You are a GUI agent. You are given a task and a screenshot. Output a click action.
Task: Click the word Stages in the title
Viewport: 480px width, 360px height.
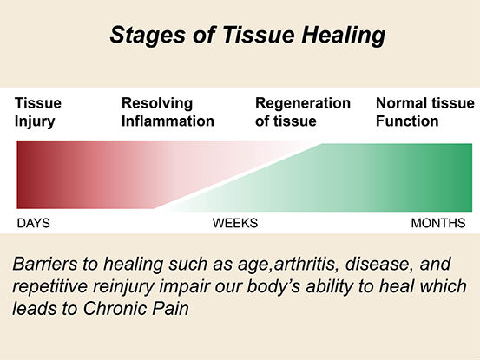coord(148,36)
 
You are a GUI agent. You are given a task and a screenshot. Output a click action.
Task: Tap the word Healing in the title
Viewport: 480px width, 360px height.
coord(343,36)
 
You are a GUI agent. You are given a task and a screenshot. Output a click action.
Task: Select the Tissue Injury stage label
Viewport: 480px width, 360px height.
coord(38,112)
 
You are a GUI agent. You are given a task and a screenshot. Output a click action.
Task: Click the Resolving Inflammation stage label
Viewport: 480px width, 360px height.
coord(168,112)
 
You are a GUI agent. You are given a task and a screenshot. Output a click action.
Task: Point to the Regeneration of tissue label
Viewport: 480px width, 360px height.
coord(303,112)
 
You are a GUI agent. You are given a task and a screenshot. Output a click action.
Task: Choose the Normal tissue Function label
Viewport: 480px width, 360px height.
coord(425,112)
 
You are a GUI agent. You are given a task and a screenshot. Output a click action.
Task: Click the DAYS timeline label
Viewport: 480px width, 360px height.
coord(33,223)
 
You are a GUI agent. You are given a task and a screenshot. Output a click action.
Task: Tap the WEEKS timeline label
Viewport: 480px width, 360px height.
coord(235,223)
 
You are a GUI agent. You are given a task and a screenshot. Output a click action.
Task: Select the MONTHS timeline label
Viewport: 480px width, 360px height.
coord(438,223)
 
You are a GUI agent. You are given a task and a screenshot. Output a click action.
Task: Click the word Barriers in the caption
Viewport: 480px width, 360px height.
coord(44,264)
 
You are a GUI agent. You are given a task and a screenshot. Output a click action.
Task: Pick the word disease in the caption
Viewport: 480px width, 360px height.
coord(377,264)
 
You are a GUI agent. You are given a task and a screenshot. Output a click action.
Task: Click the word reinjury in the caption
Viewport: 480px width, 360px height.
coord(123,287)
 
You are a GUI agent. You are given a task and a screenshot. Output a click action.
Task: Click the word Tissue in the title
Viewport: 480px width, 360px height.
coord(258,34)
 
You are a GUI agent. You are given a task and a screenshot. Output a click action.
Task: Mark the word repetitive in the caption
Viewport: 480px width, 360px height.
coord(50,287)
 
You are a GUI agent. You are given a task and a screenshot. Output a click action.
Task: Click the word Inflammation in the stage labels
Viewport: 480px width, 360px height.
coord(168,121)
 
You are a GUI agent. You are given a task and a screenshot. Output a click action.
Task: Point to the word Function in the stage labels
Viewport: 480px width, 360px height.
coord(407,121)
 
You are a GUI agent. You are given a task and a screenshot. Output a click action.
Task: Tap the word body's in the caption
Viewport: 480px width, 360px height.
coord(273,287)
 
